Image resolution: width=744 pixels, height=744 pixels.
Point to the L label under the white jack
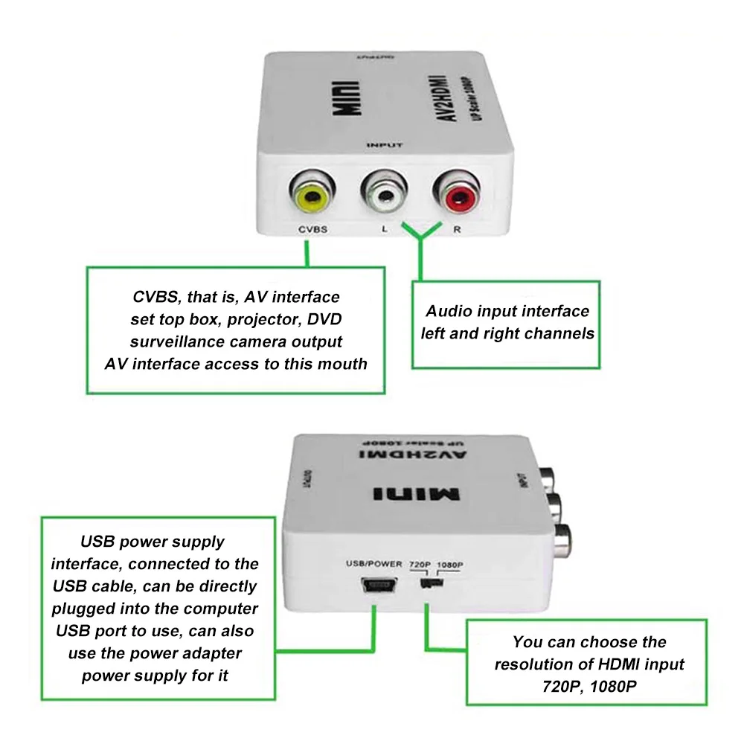click(x=384, y=230)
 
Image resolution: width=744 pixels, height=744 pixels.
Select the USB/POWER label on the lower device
click(x=374, y=564)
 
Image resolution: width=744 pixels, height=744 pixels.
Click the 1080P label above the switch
click(x=450, y=564)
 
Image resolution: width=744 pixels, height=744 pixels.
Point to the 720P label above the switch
click(x=420, y=564)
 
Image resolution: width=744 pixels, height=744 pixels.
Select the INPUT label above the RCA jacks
click(x=383, y=145)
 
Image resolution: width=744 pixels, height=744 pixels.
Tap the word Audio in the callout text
click(x=449, y=311)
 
